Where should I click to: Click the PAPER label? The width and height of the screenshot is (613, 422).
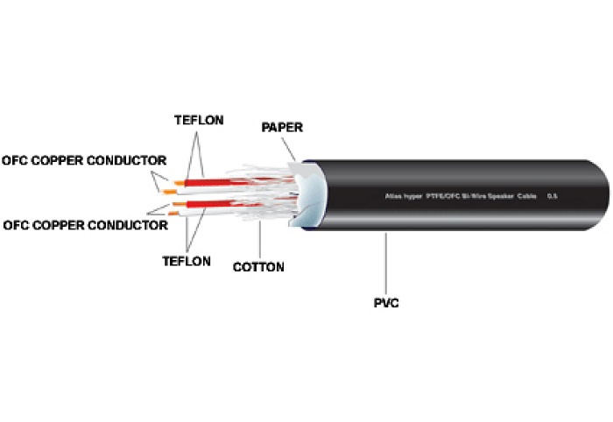282,128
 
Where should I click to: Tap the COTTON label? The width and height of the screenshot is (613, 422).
258,267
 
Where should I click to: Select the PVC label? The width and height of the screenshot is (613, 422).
386,303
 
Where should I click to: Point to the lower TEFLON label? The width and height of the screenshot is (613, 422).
187,261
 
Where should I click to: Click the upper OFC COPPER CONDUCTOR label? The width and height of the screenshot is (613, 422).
84,161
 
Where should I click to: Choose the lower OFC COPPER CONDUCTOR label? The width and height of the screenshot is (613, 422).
85,225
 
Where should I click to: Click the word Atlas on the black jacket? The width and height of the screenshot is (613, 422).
396,196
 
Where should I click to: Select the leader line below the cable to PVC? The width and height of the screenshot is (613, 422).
385,263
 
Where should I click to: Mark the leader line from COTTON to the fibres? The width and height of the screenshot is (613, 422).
260,240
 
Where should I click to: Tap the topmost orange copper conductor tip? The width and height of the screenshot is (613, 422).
178,182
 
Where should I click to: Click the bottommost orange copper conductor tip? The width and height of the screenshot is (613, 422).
177,214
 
